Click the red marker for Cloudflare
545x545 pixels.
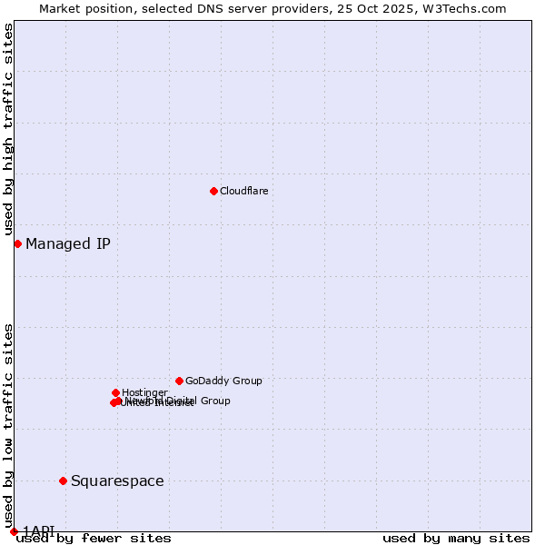point(213,191)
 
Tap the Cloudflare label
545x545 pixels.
point(243,191)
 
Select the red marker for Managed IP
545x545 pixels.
point(17,243)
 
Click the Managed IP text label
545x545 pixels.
point(68,243)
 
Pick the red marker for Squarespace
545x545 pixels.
point(63,481)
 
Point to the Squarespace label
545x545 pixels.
point(117,481)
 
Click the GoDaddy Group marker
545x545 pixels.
point(179,381)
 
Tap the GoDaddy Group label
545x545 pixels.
point(223,381)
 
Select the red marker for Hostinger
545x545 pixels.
point(115,392)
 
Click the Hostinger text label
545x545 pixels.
point(144,392)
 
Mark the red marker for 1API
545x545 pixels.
point(14,531)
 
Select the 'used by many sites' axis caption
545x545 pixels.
point(456,538)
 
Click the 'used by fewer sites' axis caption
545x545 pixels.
point(94,538)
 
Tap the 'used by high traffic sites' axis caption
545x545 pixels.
point(8,129)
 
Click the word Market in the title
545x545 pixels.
point(62,8)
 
